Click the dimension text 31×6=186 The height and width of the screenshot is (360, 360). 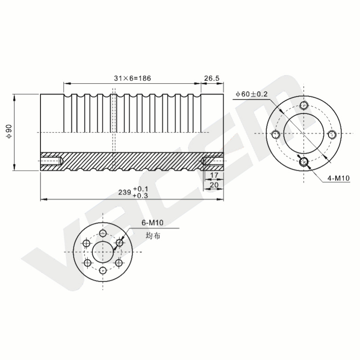(132, 78)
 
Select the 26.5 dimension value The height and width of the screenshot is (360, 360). (212, 78)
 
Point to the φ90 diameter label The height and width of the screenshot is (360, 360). (9, 131)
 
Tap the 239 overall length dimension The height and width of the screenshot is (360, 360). (125, 192)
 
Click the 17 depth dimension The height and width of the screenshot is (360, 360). (214, 175)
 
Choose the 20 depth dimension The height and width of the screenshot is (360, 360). (214, 184)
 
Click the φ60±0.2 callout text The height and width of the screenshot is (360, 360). (252, 94)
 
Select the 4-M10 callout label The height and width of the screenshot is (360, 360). (338, 178)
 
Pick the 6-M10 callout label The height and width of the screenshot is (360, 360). (152, 222)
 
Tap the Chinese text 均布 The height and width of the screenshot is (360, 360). (153, 235)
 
